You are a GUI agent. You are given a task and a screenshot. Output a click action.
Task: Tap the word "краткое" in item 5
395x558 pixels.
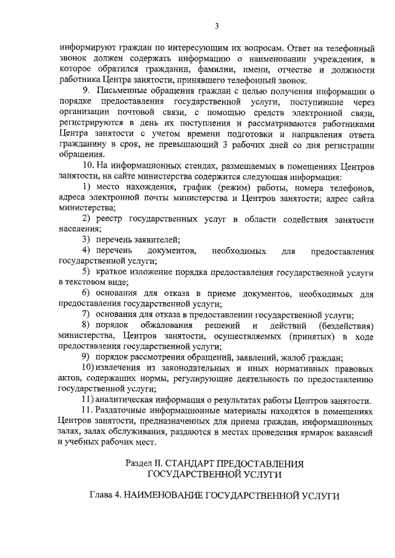click(110, 272)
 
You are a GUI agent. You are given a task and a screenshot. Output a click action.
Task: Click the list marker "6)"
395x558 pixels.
click(87, 293)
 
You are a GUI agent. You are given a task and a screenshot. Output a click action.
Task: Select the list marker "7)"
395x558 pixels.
click(87, 314)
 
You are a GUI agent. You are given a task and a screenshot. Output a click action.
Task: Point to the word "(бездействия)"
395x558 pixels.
click(346, 325)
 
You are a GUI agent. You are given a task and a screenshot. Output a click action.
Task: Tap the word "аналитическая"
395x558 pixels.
click(130, 400)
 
